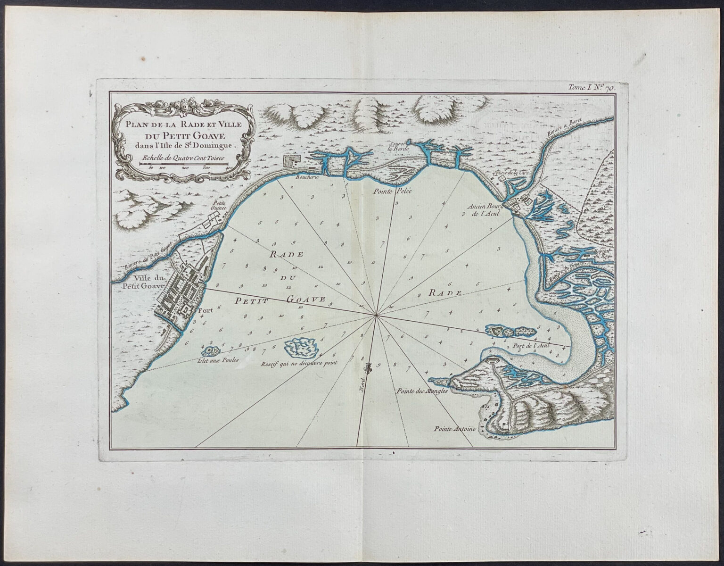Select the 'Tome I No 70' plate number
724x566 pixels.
pos(596,86)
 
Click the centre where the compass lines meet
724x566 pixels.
pos(375,315)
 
